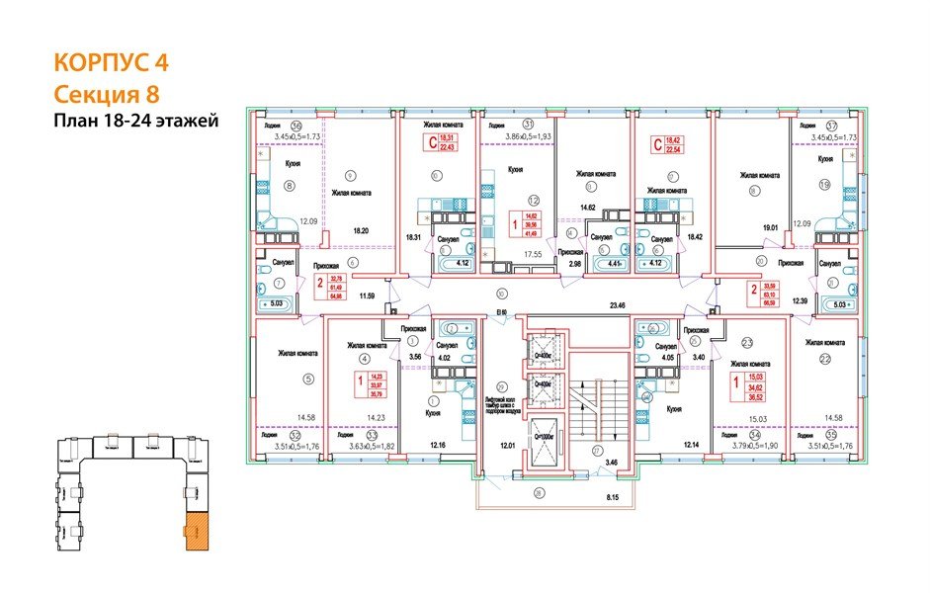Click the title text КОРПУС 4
coord(110,62)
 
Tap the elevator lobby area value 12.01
coord(507,446)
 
